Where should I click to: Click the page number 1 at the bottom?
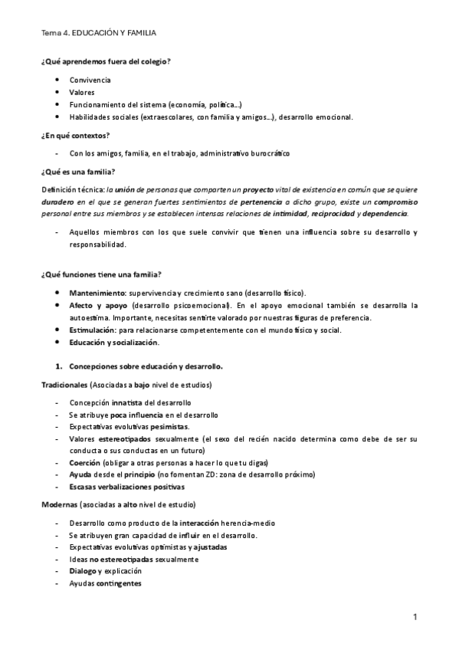pyautogui.click(x=414, y=617)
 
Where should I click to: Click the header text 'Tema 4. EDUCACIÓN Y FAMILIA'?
pyautogui.click(x=102, y=34)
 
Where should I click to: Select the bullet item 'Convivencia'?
pyautogui.click(x=90, y=80)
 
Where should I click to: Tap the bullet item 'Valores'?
pyautogui.click(x=82, y=92)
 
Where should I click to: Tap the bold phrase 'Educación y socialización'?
pyautogui.click(x=114, y=343)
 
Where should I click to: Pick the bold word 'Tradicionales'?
pyautogui.click(x=64, y=384)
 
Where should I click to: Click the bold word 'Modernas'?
pyautogui.click(x=60, y=505)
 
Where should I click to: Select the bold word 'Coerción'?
pyautogui.click(x=84, y=464)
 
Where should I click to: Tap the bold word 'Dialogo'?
pyautogui.click(x=83, y=571)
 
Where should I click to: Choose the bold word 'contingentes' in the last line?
pyautogui.click(x=118, y=583)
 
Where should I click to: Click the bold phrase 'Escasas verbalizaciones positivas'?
pyautogui.click(x=126, y=487)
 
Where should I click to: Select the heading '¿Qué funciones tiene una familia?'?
pyautogui.click(x=100, y=274)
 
